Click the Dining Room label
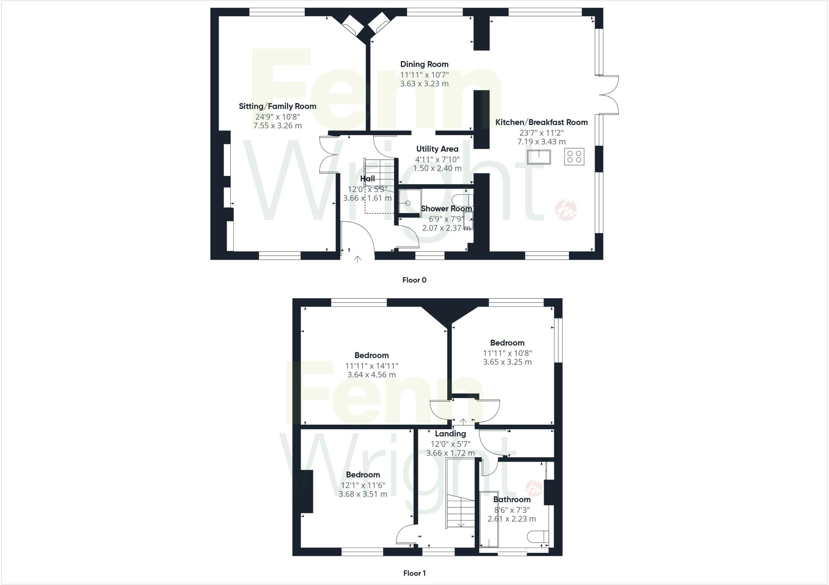pos(424,64)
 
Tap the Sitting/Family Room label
pos(277,106)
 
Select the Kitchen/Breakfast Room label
pos(541,122)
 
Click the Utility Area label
pos(437,149)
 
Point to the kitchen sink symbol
pos(539,157)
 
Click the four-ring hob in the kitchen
pos(574,157)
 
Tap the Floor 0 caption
pos(414,280)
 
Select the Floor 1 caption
pos(414,573)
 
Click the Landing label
pos(450,434)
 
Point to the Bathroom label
pos(512,500)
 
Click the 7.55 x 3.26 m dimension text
pos(277,126)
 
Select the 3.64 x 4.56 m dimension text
pos(371,375)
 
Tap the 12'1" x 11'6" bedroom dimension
pos(363,485)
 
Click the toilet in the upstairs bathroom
pos(538,536)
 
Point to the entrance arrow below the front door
pos(357,259)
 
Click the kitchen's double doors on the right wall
pos(610,95)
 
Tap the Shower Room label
pos(446,209)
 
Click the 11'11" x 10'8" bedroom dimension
pos(507,353)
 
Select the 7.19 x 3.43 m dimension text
pos(541,142)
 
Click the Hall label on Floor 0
pos(368,179)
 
